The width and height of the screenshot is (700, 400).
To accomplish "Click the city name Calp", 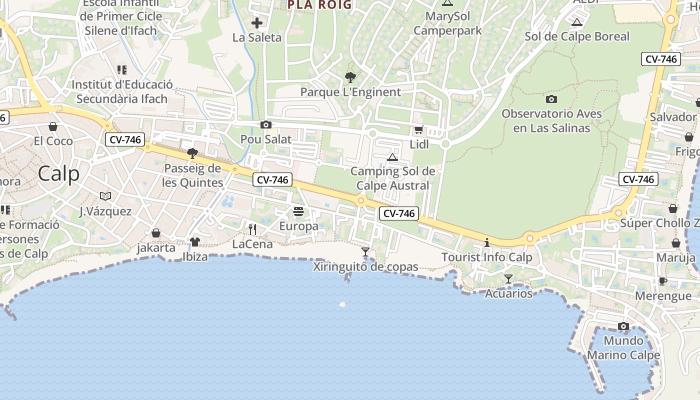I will click(58, 174).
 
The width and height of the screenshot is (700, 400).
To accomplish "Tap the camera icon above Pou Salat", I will click(266, 125).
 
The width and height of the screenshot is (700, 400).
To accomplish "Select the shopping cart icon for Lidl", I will click(419, 130).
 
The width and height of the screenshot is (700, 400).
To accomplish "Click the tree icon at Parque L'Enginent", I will click(350, 77).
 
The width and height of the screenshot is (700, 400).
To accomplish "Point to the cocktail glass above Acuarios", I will click(508, 279).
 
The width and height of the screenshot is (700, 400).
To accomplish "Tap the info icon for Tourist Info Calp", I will click(487, 243).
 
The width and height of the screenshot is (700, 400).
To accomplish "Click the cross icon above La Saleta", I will click(257, 23).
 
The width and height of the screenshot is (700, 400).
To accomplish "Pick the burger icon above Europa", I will click(298, 211).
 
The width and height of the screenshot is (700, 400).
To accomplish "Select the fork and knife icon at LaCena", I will click(252, 229).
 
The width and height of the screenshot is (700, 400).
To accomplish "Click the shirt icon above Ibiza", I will click(194, 242).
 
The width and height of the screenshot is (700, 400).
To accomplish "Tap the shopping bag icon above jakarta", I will click(156, 233).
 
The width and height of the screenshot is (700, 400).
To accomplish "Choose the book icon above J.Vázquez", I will click(105, 196).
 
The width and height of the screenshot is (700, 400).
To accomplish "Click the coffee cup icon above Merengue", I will click(663, 281).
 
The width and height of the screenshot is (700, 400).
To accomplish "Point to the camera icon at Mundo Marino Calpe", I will click(623, 326).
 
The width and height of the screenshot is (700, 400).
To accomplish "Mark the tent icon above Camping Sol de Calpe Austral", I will click(392, 157).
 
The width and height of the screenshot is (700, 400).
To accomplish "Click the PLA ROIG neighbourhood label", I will click(319, 5).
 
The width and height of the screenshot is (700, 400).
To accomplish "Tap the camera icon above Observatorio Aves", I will click(551, 99).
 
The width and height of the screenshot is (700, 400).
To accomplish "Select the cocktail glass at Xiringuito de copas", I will click(365, 252).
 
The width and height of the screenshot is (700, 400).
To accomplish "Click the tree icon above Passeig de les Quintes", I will click(192, 153).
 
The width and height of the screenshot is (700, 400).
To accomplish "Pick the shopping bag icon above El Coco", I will click(53, 126).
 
